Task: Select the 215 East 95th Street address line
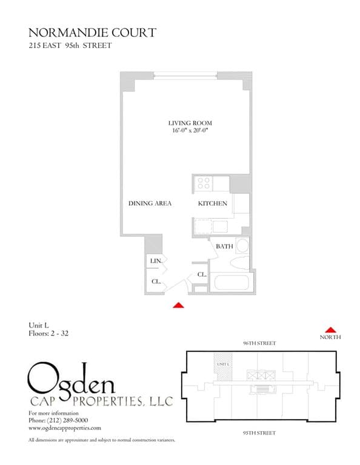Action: pos(70,46)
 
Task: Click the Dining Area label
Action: pos(150,203)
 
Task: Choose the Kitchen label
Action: pos(213,203)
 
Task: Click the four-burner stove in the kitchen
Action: pos(204,183)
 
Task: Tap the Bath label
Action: pos(224,246)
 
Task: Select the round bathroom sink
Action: pos(242,246)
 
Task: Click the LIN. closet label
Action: pos(155,261)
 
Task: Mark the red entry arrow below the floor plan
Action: pos(178,306)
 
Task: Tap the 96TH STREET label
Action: pos(259,343)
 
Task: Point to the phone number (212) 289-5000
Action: pos(58,420)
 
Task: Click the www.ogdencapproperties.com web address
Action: pos(65,427)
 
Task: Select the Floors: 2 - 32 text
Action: pos(48,333)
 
